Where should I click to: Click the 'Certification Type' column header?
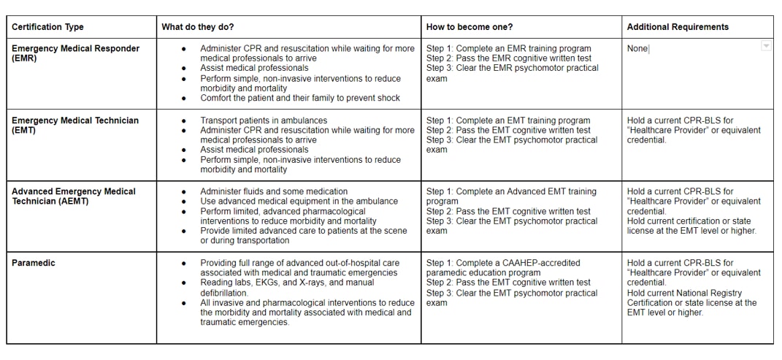(x=47, y=27)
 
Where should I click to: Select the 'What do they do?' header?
(x=197, y=27)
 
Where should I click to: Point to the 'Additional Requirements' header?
(x=678, y=27)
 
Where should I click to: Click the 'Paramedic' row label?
(x=33, y=263)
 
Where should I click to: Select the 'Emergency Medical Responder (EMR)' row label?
(x=75, y=53)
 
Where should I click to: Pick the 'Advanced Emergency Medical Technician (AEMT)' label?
(x=73, y=196)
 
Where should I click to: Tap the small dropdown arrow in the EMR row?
(x=766, y=46)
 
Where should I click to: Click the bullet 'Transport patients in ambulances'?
(x=264, y=120)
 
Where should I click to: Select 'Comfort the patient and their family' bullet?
(x=300, y=98)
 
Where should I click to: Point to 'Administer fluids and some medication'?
(x=274, y=191)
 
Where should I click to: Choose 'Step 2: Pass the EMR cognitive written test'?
(x=509, y=58)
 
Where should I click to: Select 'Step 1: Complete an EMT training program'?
(x=508, y=120)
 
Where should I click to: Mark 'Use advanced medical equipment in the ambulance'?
(x=299, y=201)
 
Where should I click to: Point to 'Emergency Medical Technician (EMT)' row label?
(x=74, y=125)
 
